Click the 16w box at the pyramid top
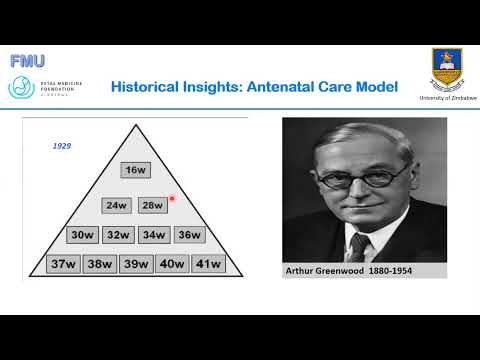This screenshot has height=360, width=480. point(136,171)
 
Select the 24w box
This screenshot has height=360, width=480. point(118,206)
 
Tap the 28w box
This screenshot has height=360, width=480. point(152,206)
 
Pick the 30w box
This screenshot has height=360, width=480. point(82,236)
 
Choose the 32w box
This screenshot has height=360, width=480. point(118,236)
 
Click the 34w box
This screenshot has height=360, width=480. point(153,236)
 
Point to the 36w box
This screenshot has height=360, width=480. point(188,236)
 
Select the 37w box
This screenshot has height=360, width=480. point(64,265)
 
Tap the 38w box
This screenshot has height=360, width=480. point(99,265)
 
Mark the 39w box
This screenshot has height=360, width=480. point(135,265)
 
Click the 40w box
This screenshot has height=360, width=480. point(170,265)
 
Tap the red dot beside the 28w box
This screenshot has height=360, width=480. point(172,198)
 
